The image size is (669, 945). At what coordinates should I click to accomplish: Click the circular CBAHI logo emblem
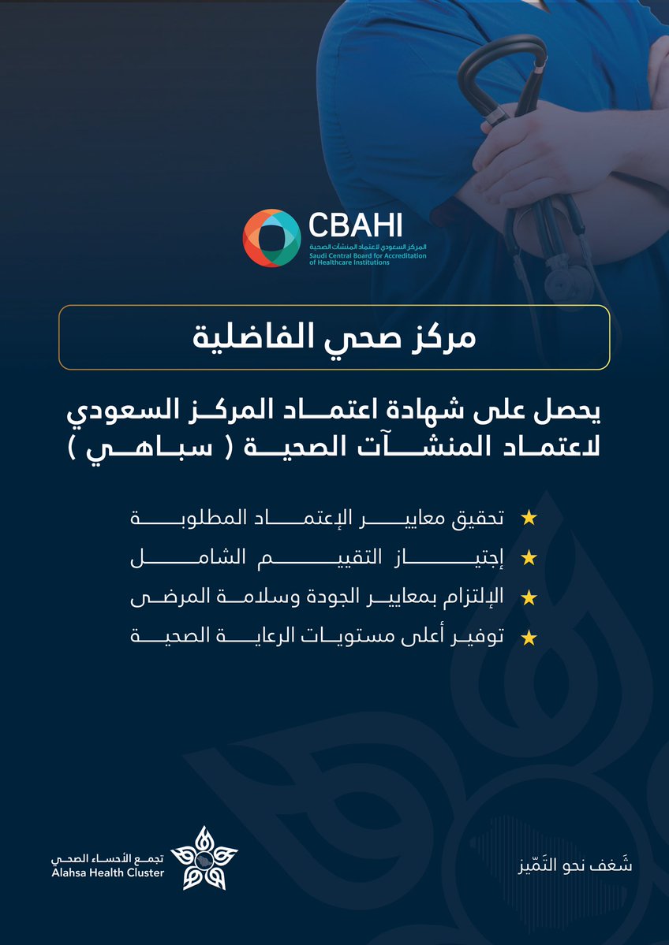coord(271,238)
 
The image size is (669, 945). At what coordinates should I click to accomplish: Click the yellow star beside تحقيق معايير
coord(529,519)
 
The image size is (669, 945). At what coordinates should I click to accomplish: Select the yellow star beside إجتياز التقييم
coord(529,559)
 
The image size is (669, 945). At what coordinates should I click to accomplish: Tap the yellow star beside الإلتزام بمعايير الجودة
coord(529,598)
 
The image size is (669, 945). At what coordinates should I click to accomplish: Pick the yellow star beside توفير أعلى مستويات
coord(529,638)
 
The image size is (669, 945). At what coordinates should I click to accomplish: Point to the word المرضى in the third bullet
coord(158,598)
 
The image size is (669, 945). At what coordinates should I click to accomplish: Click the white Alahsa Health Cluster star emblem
coord(204,856)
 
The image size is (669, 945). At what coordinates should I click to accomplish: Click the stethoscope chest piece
coord(581,277)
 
